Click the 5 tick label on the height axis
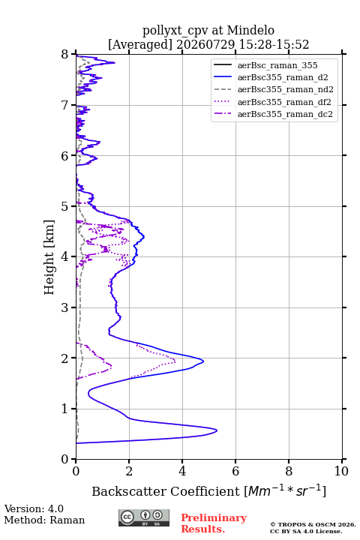point(65,206)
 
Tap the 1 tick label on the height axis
point(65,409)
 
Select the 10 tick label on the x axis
point(341,471)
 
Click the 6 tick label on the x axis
point(235,471)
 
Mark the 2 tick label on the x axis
point(129,471)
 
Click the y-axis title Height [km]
point(49,257)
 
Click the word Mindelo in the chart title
point(250,30)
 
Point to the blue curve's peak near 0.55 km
point(217,430)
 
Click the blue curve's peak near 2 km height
point(203,361)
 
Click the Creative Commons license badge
point(144,518)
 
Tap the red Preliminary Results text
point(214,523)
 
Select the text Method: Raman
point(44,520)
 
